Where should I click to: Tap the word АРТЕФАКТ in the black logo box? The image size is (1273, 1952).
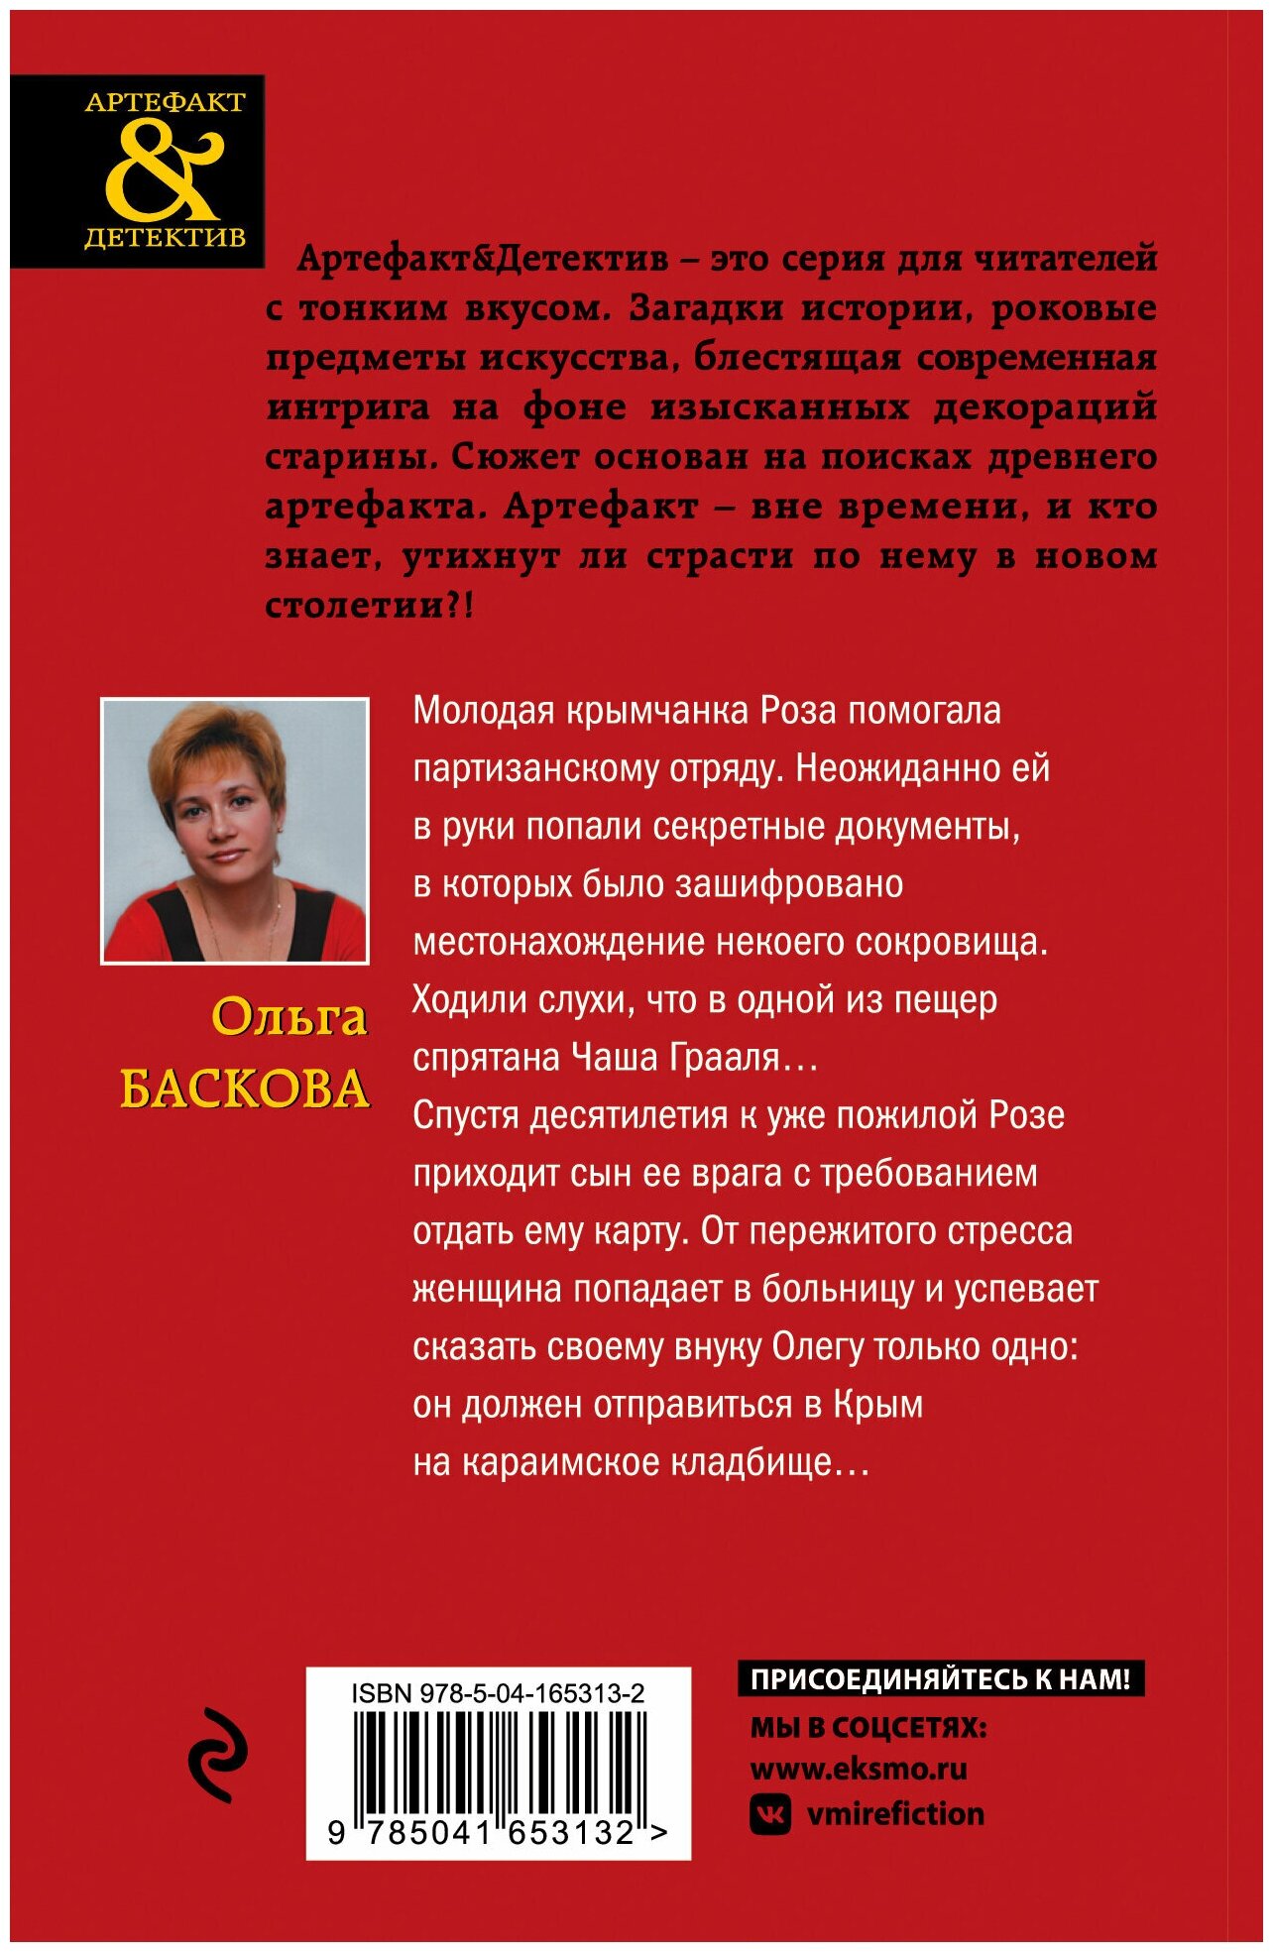click(x=165, y=102)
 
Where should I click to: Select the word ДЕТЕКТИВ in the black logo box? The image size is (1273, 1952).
click(x=165, y=238)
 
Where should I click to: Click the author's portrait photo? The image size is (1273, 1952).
click(x=235, y=831)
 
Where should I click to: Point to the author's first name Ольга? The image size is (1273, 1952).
click(x=289, y=1018)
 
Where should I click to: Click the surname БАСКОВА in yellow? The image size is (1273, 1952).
click(x=245, y=1090)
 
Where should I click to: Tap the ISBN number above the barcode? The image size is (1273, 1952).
click(x=498, y=1693)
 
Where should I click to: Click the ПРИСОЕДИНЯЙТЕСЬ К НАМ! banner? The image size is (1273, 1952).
click(x=940, y=1678)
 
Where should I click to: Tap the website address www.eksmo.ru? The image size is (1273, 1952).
click(x=859, y=1768)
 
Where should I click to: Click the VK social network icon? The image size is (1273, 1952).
click(x=770, y=1814)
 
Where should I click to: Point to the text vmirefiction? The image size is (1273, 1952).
click(x=895, y=1814)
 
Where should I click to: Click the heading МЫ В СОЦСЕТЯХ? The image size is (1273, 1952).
click(x=868, y=1727)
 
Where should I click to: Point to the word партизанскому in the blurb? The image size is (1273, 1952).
click(x=535, y=768)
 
